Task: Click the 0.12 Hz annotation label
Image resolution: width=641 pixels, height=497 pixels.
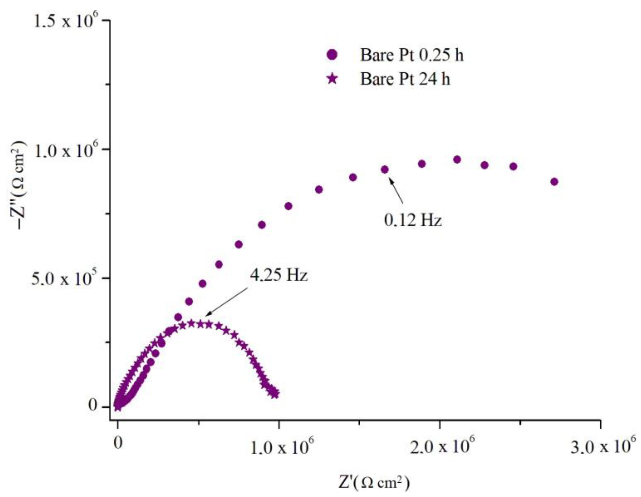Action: click(x=413, y=220)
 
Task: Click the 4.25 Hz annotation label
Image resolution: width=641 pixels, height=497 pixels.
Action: click(x=279, y=275)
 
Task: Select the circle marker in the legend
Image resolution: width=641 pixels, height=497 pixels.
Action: click(x=332, y=55)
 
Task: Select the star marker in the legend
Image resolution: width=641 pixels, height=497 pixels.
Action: click(x=332, y=79)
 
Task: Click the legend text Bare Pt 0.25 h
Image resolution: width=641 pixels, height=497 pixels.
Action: click(x=412, y=55)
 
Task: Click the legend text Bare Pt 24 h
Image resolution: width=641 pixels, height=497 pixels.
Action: click(x=405, y=79)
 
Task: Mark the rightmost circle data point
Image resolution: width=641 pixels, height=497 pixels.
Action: click(x=554, y=182)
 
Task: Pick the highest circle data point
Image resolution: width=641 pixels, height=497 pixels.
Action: click(x=457, y=160)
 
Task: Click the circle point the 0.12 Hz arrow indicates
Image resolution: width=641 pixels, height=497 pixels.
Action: click(x=385, y=169)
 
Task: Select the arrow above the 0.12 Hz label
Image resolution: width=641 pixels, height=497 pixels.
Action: click(x=396, y=191)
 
